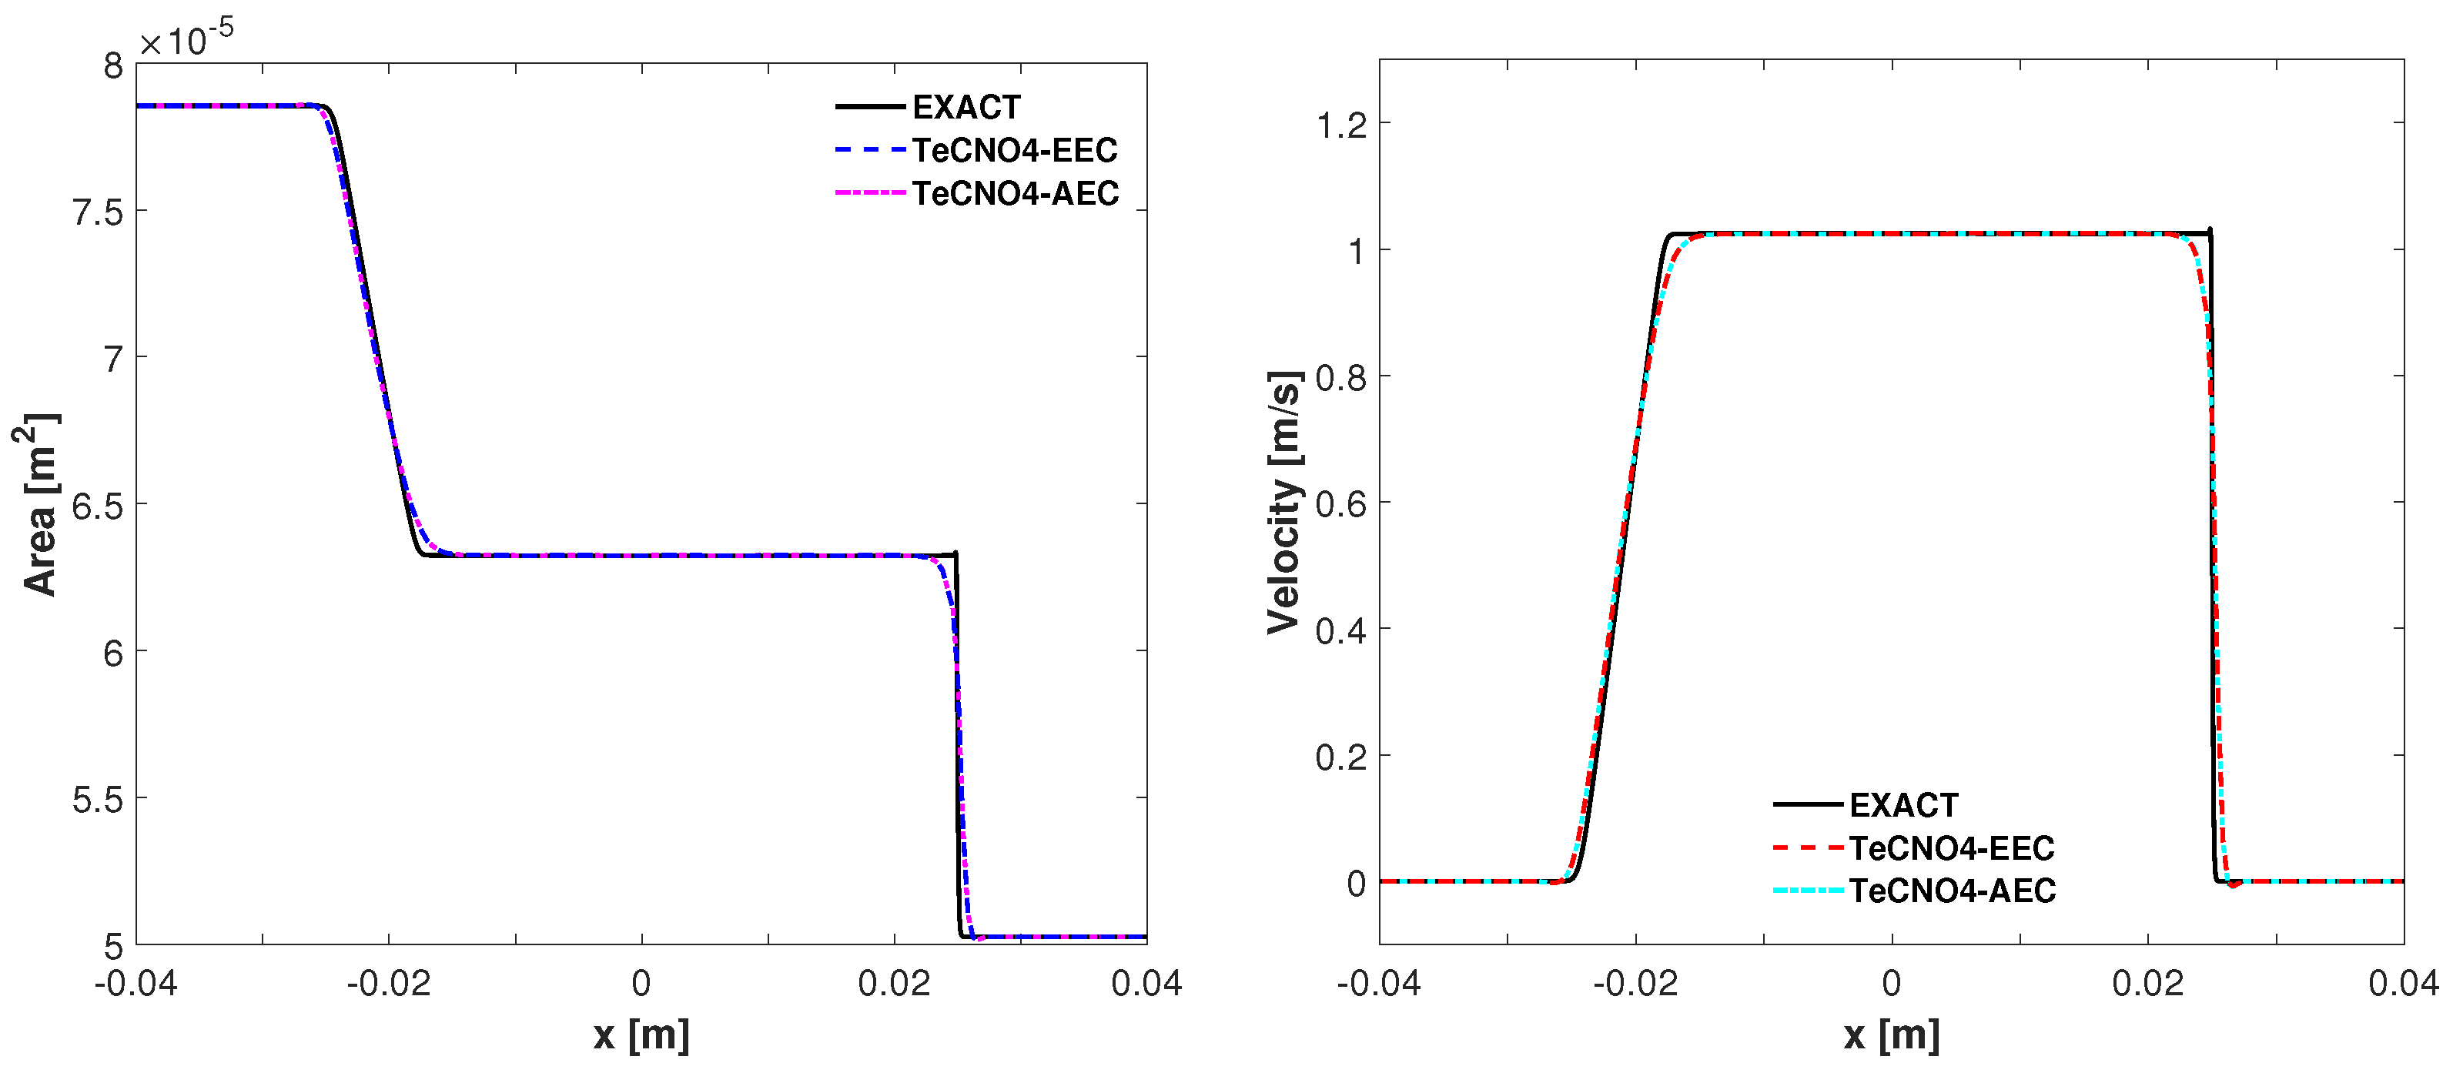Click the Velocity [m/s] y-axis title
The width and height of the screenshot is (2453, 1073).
pos(1283,503)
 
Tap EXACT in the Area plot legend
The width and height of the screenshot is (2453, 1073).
pos(965,108)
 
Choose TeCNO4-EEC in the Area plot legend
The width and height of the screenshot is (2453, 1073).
pos(1014,150)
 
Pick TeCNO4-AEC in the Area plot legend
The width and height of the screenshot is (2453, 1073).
pos(1015,193)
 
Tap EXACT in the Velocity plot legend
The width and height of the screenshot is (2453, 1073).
pos(1902,805)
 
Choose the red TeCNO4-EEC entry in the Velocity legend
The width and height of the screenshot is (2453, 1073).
pos(1951,848)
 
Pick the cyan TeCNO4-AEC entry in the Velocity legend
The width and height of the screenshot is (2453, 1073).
pos(1952,891)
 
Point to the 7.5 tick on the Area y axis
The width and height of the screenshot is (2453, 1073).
pos(98,212)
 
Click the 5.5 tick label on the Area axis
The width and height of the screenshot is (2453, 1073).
pos(98,800)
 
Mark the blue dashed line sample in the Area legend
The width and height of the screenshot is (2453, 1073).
pos(869,150)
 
